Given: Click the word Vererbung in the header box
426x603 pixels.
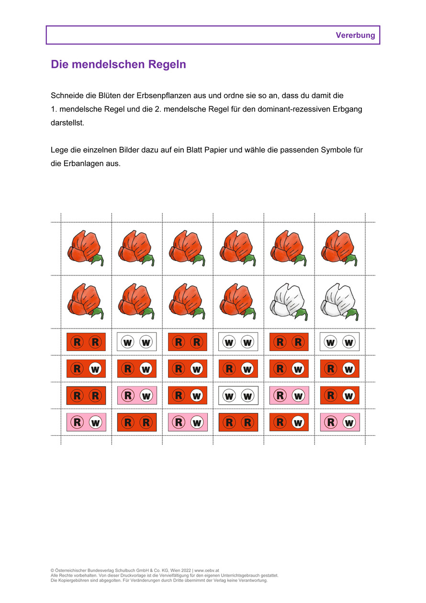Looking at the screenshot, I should (x=355, y=35).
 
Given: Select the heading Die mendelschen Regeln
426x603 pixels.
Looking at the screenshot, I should (x=118, y=65).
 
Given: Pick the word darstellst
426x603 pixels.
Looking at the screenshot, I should (x=67, y=123).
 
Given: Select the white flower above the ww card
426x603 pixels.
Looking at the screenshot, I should (x=339, y=302).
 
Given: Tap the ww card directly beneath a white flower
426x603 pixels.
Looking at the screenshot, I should (x=339, y=342).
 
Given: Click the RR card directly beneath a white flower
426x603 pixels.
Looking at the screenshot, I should (x=289, y=342).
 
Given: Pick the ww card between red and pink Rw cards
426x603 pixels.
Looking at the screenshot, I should (x=238, y=396).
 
